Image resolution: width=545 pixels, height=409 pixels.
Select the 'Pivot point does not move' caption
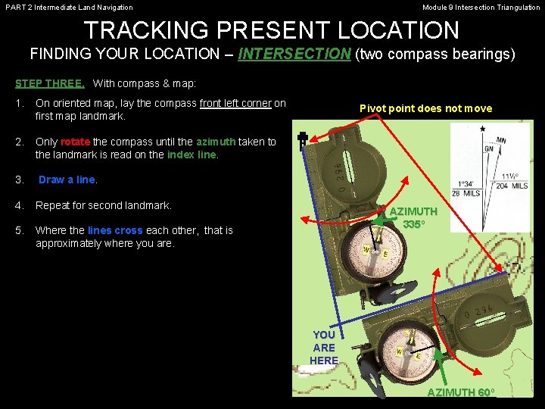(x=425, y=108)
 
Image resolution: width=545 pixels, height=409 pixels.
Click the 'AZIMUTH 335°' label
(x=413, y=218)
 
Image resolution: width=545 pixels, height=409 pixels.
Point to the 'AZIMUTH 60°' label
(x=461, y=392)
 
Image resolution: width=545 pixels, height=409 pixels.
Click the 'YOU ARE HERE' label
(x=324, y=348)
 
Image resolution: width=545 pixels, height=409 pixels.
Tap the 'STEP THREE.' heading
(x=49, y=83)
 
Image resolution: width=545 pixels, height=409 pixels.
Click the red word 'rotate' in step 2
(x=75, y=142)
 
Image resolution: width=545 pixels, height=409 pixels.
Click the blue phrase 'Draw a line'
(x=67, y=180)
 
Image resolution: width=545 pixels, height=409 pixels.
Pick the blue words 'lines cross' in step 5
(x=115, y=230)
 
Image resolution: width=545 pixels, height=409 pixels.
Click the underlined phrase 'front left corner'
(x=235, y=104)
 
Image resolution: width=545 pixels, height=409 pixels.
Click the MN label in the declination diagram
(x=502, y=140)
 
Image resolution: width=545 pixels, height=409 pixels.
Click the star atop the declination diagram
(x=483, y=129)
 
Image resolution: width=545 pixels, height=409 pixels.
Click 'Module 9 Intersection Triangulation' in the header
(x=481, y=8)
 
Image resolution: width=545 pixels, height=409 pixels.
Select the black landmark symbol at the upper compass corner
(x=301, y=141)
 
